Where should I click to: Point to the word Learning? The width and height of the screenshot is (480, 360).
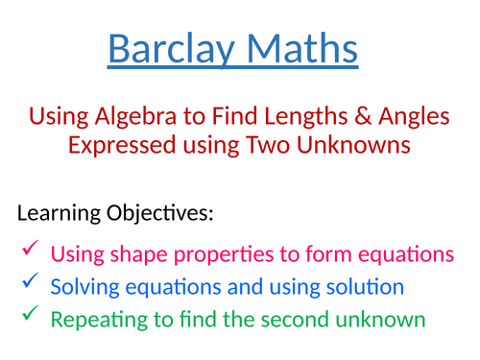57,213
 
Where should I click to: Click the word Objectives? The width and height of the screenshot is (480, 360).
158,213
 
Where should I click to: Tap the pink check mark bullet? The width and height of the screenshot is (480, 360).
28,251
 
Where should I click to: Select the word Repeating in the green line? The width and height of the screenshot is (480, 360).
95,319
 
